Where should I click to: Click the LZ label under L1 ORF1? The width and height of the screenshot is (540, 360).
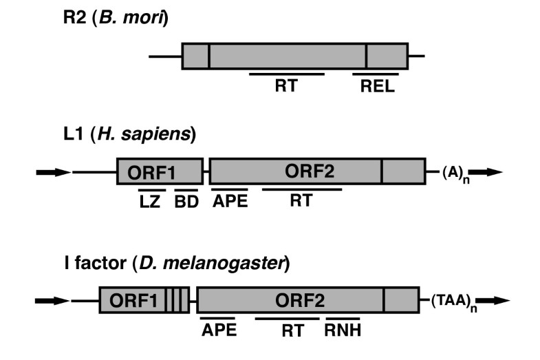(151, 202)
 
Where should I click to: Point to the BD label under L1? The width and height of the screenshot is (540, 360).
(186, 202)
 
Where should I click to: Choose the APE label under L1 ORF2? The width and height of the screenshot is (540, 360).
(230, 202)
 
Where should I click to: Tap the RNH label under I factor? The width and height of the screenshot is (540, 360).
(343, 331)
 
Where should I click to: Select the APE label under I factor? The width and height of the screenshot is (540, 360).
(219, 331)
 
